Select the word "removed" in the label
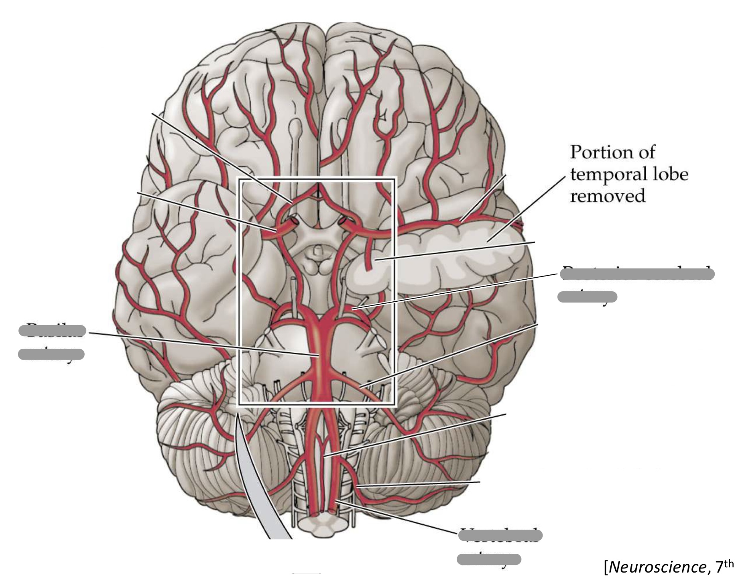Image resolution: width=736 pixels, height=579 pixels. (608, 196)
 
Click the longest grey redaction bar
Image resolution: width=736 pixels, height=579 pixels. (636, 274)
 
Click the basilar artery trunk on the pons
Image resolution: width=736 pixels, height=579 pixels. (319, 353)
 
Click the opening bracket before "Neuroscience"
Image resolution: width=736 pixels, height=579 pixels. (607, 567)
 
